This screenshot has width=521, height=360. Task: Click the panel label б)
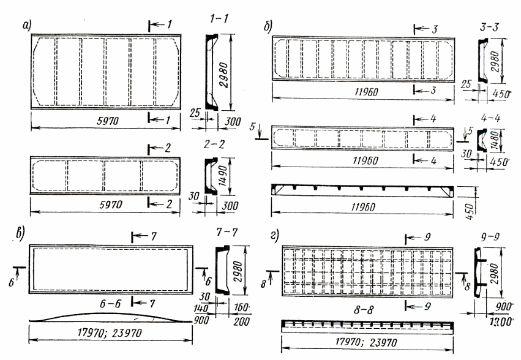268,27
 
